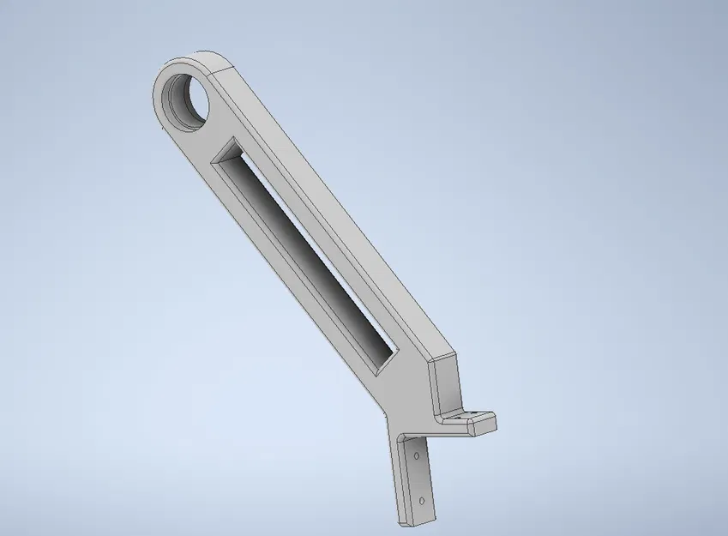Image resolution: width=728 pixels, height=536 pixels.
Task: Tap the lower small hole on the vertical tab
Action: click(422, 499)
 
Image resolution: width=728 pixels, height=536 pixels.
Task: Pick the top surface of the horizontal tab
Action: click(467, 416)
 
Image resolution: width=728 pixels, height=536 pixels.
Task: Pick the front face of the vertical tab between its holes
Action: click(419, 479)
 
